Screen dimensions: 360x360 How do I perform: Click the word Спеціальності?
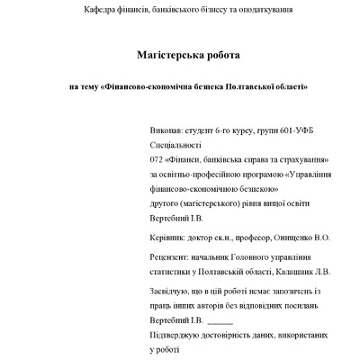177,144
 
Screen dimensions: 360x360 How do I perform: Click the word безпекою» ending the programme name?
249,189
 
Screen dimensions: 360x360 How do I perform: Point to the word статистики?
174,271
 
